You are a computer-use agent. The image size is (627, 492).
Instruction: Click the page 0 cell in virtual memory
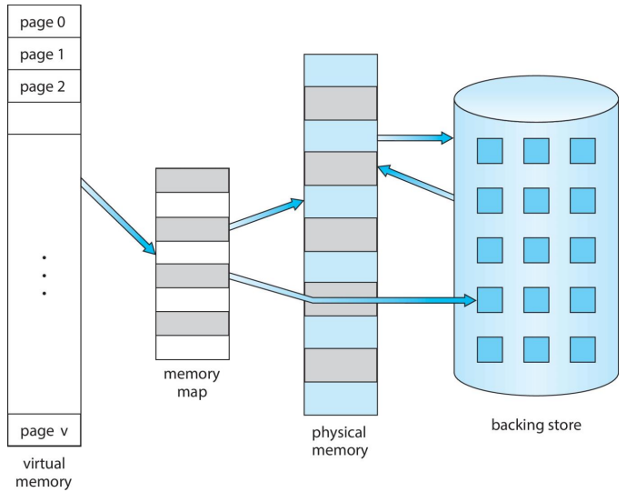point(44,20)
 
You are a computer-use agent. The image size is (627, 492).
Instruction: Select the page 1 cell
point(44,54)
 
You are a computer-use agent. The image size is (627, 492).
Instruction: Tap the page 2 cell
point(44,87)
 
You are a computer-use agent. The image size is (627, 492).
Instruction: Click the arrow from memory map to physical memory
point(265,214)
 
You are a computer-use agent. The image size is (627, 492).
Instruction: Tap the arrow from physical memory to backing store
point(414,138)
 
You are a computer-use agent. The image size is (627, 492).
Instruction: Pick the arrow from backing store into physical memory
point(415,182)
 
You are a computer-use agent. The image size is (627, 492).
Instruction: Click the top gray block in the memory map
point(192,180)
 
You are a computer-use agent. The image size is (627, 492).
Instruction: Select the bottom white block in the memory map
point(192,347)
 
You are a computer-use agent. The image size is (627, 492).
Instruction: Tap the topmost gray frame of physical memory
point(340,103)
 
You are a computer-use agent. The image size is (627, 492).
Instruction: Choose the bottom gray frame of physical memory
point(340,365)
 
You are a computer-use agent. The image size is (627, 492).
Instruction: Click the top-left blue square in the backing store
point(490,150)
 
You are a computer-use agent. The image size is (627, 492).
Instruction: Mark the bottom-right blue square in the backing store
point(582,349)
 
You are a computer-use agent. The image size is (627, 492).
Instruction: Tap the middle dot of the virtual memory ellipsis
point(44,275)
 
